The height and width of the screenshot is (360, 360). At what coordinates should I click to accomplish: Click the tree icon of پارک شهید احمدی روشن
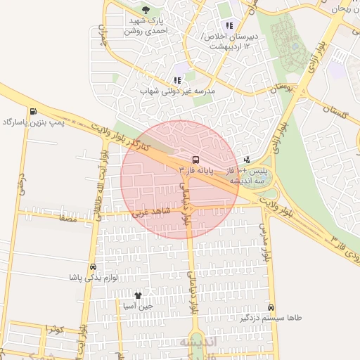(x=146, y=10)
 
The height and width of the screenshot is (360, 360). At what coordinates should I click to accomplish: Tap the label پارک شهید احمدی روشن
(x=146, y=26)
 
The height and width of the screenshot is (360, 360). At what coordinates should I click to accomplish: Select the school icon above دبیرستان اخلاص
(x=229, y=25)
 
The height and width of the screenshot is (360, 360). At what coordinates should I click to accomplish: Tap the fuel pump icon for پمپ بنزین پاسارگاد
(x=33, y=111)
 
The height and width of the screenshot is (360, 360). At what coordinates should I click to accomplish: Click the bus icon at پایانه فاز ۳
(x=195, y=160)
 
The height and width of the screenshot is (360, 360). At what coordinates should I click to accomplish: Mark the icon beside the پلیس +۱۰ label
(x=247, y=160)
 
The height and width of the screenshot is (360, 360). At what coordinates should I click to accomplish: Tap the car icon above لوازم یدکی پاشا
(x=93, y=267)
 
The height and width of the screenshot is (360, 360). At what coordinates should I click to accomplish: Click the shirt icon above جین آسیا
(x=138, y=295)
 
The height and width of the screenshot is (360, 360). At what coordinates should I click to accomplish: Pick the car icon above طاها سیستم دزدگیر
(x=271, y=307)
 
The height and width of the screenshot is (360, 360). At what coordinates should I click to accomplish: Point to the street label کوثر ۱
(x=55, y=329)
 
